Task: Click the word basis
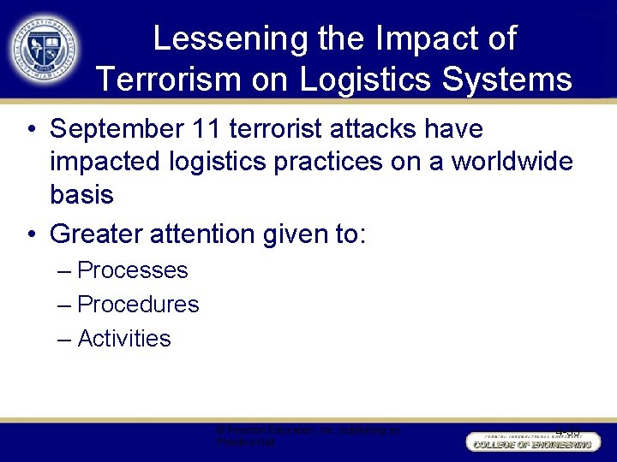click(x=81, y=194)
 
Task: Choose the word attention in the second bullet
click(x=206, y=234)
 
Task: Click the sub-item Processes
click(x=132, y=270)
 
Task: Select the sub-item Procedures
click(x=138, y=305)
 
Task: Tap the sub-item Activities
click(x=124, y=339)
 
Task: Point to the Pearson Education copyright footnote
click(x=308, y=437)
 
